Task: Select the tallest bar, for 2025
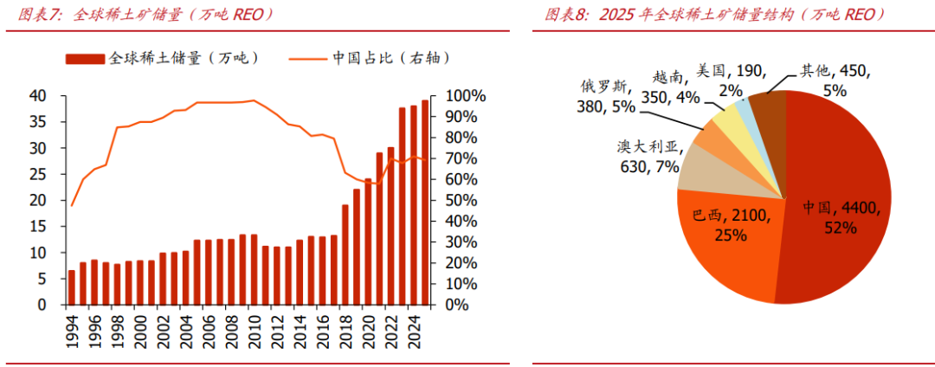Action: pyautogui.click(x=425, y=203)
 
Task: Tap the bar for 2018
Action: pyautogui.click(x=345, y=254)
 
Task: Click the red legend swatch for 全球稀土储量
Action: pyautogui.click(x=85, y=58)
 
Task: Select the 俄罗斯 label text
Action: pyautogui.click(x=605, y=87)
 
